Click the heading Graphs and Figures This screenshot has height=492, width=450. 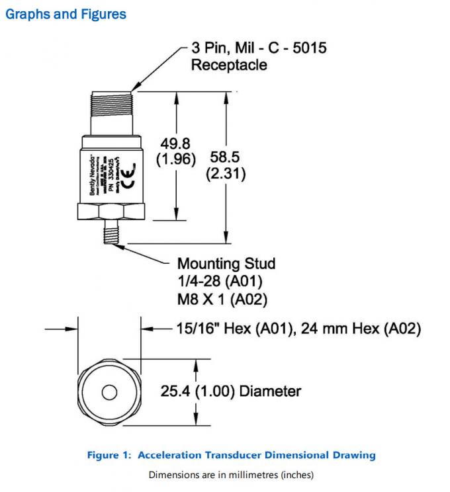[66, 13]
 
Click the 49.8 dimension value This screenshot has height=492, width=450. [175, 142]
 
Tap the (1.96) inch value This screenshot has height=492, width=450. [175, 159]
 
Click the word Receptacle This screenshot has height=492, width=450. [229, 65]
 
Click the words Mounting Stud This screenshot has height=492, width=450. [223, 263]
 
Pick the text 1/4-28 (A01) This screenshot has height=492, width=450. [214, 281]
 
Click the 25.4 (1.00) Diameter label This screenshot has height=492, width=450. [230, 391]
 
